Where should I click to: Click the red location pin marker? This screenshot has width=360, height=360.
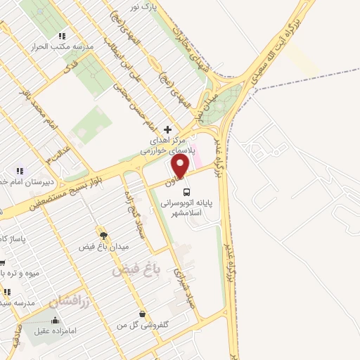coord(181,167)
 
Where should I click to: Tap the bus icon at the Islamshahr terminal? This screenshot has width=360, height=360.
coord(186,191)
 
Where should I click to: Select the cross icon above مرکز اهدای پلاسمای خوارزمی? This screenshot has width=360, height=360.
coord(167,129)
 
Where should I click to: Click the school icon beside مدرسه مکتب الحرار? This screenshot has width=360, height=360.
coord(63,35)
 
